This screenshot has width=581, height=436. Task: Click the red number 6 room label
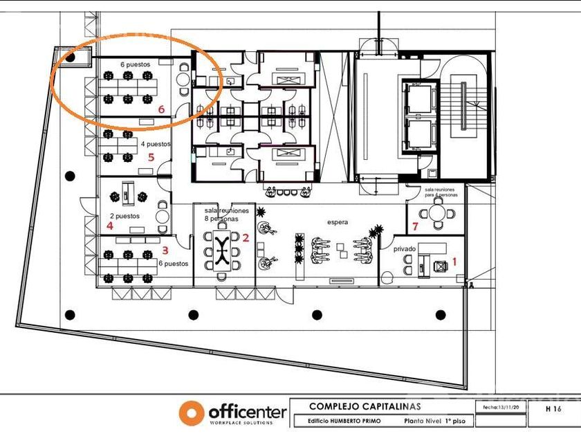[160, 109]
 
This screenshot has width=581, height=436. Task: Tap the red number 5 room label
[151, 157]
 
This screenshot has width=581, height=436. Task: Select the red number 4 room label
[109, 225]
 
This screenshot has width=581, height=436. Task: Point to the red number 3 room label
[165, 251]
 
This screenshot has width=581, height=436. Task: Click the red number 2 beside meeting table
[245, 237]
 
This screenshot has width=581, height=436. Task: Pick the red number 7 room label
[415, 226]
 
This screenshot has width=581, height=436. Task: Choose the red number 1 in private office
[454, 261]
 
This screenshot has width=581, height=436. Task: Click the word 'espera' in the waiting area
[338, 222]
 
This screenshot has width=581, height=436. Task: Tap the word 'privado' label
[405, 248]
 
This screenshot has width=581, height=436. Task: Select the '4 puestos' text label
[156, 145]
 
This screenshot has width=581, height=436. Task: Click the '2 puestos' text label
[124, 216]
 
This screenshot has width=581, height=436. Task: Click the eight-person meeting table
[222, 251]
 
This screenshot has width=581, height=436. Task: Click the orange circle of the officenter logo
[191, 413]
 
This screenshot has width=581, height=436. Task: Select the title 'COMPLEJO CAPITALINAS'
[365, 407]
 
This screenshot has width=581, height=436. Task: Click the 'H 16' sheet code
[553, 410]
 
